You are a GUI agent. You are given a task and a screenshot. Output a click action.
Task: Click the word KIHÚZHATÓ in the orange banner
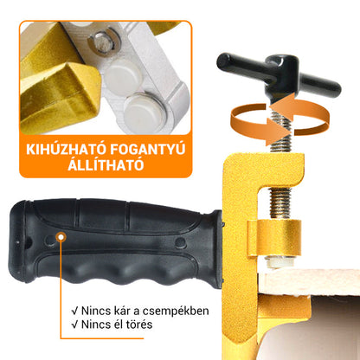(65, 149)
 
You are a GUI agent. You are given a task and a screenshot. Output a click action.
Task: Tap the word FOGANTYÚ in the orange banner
(148, 149)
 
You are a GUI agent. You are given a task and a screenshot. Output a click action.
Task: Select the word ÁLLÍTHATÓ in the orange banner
(106, 164)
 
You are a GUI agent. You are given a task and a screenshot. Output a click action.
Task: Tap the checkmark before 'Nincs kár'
(75, 311)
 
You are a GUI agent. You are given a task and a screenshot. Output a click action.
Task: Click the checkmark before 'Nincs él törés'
(75, 325)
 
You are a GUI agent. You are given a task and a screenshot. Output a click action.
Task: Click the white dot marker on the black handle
(61, 237)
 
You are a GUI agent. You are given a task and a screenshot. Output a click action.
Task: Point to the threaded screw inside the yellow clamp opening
(280, 202)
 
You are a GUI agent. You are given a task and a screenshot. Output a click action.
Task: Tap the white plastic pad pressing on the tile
(280, 262)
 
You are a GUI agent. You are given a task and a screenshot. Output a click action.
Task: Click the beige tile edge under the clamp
(309, 282)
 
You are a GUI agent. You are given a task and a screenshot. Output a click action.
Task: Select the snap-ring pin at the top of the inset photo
(104, 42)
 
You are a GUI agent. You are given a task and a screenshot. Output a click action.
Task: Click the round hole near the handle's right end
(181, 243)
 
